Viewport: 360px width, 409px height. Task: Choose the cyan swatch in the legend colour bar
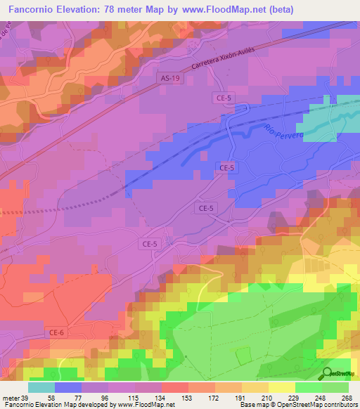click(x=41, y=387)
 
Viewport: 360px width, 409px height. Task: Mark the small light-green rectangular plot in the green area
click(x=243, y=356)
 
